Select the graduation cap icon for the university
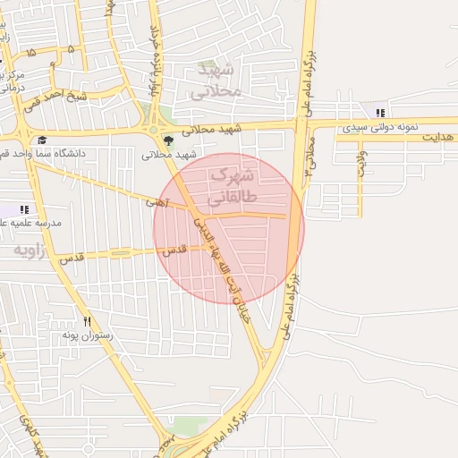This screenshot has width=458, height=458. tap(42, 139)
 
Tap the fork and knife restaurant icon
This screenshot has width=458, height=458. tap(87, 320)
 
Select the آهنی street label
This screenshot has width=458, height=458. tap(157, 204)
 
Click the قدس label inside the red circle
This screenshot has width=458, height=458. tap(174, 251)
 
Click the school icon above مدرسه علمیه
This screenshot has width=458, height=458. tap(24, 208)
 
